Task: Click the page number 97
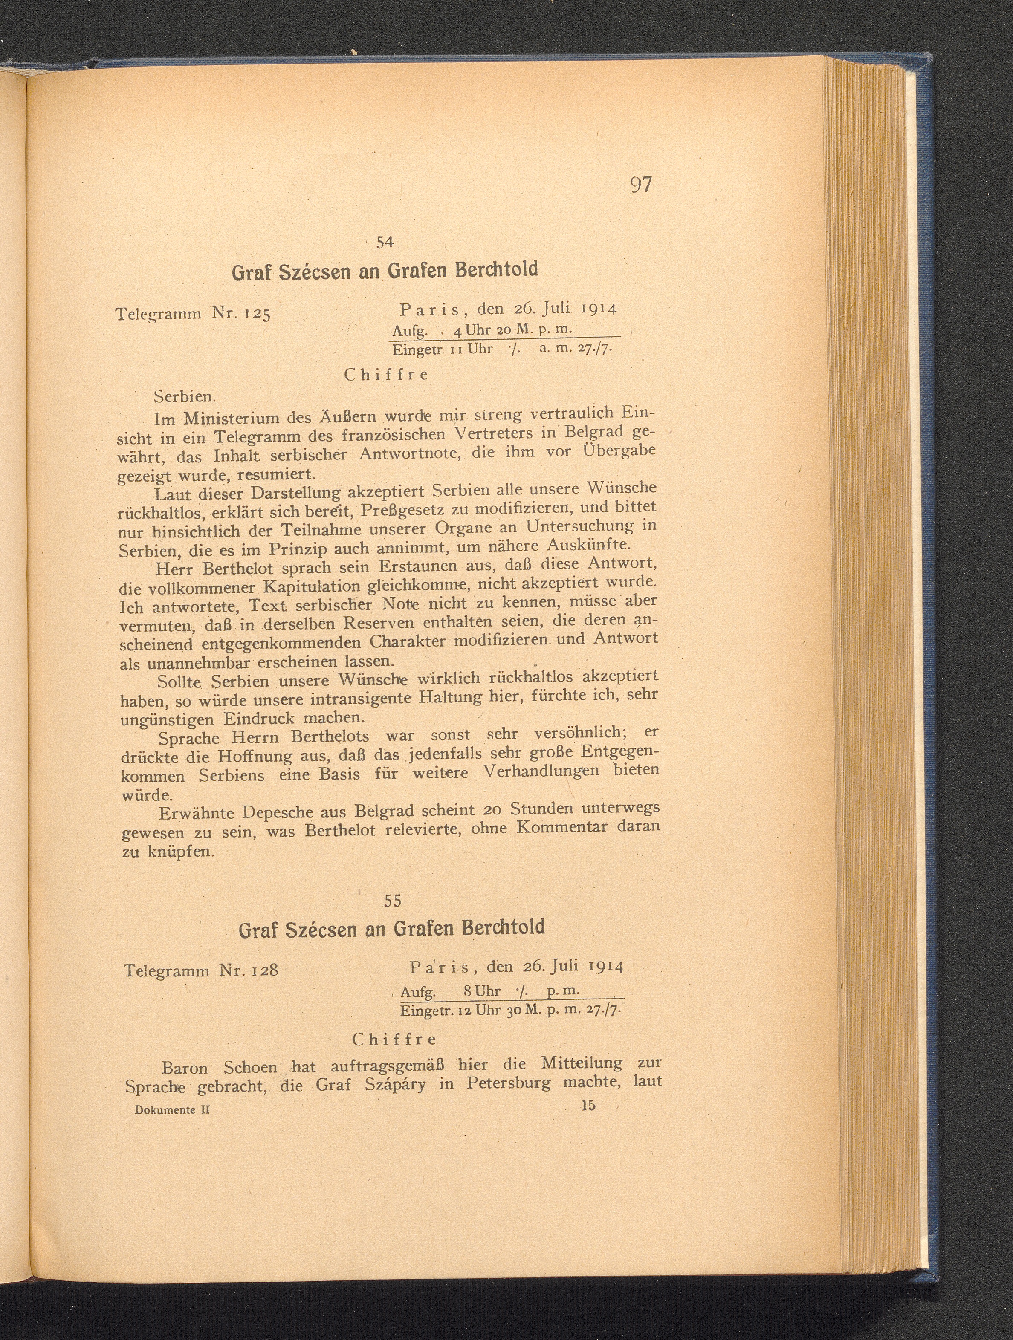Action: (x=640, y=184)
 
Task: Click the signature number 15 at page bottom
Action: (x=588, y=1106)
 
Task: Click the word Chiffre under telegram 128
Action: (x=394, y=1040)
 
